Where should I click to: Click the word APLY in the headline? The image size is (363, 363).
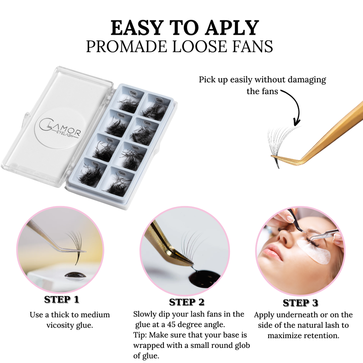pos(232,28)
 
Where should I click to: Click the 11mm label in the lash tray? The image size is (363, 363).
pos(133,93)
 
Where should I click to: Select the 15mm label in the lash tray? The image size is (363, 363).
pos(122,173)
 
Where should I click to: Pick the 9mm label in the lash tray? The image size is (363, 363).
pos(110,140)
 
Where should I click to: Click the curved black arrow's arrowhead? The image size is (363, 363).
pos(296,122)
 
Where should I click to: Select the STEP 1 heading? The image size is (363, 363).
pos(62,299)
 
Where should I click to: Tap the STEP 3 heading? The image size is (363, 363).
pos(301,303)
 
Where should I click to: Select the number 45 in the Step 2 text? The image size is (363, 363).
pos(171,324)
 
